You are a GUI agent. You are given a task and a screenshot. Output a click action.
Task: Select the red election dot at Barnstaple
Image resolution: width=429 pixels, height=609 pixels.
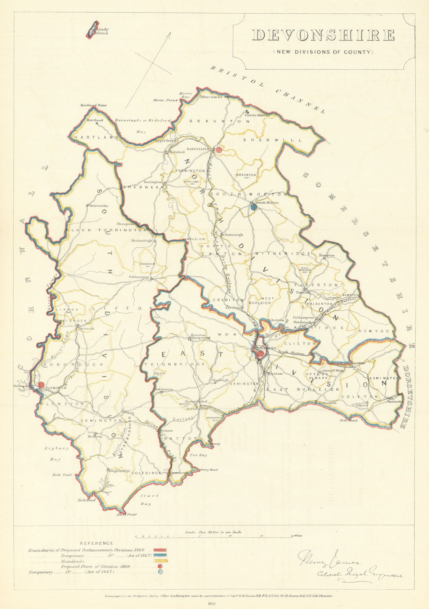tap(219, 150)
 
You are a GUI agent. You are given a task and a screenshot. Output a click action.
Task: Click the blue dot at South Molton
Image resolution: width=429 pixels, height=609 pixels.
tap(254, 207)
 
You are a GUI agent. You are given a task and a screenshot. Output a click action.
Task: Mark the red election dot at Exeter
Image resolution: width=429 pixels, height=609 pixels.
tap(260, 354)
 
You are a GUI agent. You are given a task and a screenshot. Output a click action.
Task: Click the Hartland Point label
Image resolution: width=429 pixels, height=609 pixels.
tap(93, 105)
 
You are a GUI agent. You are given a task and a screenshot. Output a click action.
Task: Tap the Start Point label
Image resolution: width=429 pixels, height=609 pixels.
tap(126, 515)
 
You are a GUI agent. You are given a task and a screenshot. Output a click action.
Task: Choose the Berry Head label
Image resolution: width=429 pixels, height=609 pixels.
tap(209, 470)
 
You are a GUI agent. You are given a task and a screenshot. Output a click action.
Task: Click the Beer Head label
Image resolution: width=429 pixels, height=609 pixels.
tap(349, 421)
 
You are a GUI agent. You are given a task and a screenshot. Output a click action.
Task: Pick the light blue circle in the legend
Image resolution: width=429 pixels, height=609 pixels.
tap(160, 572)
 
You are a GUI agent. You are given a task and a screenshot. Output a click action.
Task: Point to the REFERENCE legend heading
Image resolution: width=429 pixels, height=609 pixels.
tap(96, 543)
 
